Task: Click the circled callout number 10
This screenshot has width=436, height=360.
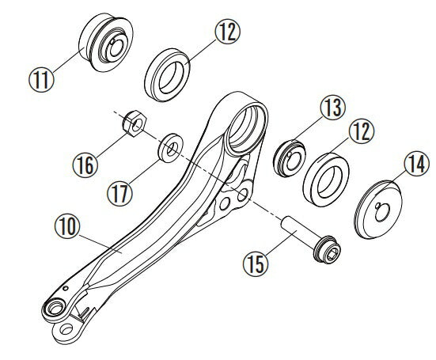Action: click(67, 226)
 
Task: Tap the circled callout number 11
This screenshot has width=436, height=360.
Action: click(41, 79)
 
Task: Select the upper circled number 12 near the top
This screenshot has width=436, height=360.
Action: click(227, 32)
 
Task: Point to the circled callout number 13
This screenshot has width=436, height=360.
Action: click(332, 108)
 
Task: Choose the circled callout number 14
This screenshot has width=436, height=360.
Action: click(417, 164)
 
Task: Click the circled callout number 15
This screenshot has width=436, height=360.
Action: click(256, 264)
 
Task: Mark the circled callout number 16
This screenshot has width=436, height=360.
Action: click(85, 165)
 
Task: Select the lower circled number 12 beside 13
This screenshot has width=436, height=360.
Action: click(362, 131)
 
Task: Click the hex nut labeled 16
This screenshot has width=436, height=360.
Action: click(135, 123)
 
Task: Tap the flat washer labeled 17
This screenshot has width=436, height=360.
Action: click(170, 148)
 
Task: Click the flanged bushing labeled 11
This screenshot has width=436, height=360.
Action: click(106, 42)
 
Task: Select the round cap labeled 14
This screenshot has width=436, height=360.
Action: click(378, 210)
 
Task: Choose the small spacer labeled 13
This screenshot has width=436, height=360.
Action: click(290, 158)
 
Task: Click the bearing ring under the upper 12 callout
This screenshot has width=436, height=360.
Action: click(167, 75)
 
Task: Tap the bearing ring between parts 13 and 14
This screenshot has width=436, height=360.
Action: click(326, 180)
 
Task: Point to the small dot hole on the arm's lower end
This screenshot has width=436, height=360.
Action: click(66, 288)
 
